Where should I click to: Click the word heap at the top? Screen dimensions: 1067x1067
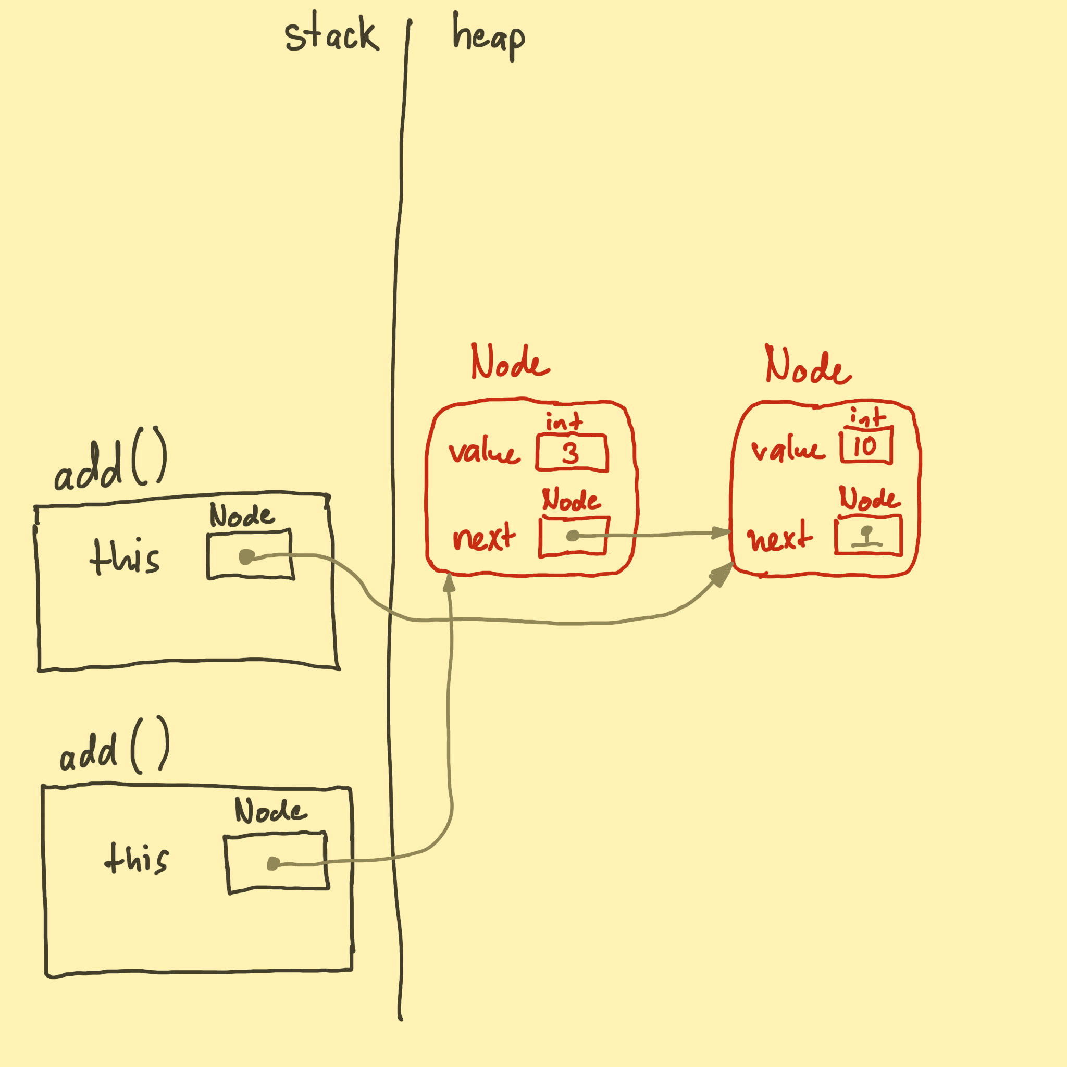[x=488, y=36]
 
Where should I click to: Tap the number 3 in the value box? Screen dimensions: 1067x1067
[x=570, y=454]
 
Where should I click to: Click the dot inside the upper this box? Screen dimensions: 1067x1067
[x=246, y=557]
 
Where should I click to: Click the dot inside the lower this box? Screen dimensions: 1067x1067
[x=274, y=864]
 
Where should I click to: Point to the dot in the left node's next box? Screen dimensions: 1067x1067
[x=573, y=536]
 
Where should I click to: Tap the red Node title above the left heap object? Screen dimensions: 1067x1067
[x=510, y=363]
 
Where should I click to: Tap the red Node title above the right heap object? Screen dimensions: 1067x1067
[x=808, y=366]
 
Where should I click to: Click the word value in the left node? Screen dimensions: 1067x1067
[x=484, y=452]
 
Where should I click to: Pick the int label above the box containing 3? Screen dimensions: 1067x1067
[x=564, y=423]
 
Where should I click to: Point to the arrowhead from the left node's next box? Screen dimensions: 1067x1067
[x=721, y=533]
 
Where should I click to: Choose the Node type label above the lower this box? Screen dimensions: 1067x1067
[x=270, y=811]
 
